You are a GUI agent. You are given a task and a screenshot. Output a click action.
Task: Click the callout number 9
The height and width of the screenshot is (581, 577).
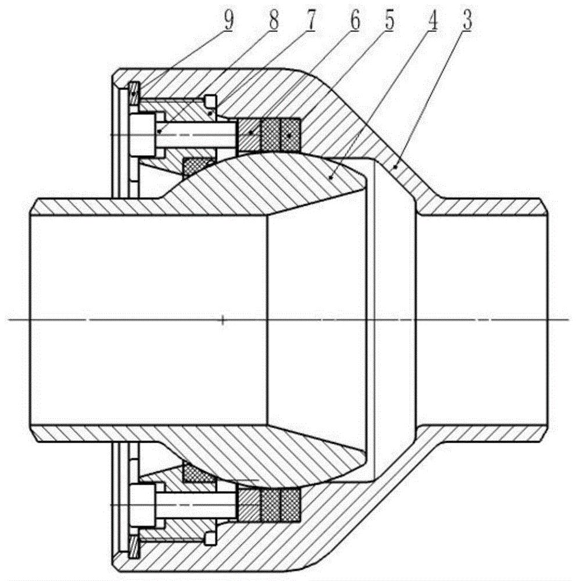pos(229,21)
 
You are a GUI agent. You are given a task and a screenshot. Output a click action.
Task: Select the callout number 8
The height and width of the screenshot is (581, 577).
pos(274,21)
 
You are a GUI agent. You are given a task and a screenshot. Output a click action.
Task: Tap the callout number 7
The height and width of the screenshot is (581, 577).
pos(310,21)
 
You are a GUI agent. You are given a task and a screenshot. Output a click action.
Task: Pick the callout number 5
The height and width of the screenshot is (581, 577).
pos(389,21)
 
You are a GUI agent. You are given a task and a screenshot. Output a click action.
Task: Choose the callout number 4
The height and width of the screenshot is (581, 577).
pos(432,21)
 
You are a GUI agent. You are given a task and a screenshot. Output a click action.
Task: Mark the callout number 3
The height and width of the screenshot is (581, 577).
pos(467,21)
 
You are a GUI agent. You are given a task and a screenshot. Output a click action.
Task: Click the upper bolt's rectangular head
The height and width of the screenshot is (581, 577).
pos(142,135)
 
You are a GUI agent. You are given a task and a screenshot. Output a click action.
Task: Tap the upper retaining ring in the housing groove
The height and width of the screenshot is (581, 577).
pos(134,92)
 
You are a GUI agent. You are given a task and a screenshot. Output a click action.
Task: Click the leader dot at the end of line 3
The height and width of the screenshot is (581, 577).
pos(395,167)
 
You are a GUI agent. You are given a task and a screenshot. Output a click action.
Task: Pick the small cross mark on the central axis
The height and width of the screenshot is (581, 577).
pos(223,320)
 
